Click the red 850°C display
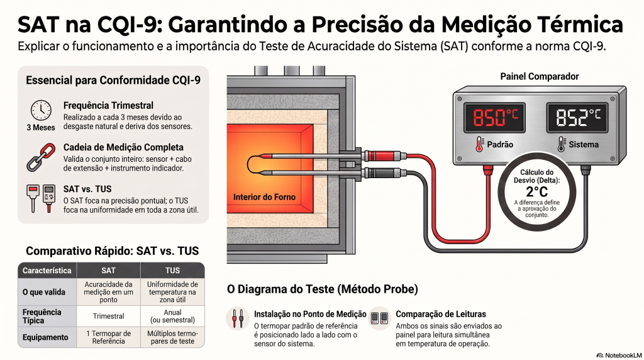point(494,118)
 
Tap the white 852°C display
point(577,118)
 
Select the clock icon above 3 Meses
point(41,110)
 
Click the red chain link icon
point(41,157)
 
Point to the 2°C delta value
point(537,191)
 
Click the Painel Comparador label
point(539,76)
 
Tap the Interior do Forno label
point(264,197)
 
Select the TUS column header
point(172,271)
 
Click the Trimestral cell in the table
point(108,316)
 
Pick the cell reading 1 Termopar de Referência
point(108,337)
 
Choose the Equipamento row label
point(45,337)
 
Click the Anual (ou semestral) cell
point(172,316)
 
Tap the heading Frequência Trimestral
point(108,106)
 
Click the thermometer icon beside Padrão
point(479,144)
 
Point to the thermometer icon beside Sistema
point(561,144)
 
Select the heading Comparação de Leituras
point(441,314)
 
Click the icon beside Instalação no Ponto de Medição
point(238,318)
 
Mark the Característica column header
point(47,271)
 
